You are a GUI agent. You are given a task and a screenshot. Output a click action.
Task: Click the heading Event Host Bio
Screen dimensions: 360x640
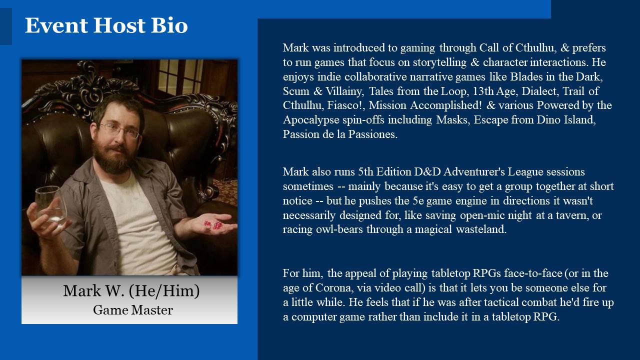[x=106, y=25]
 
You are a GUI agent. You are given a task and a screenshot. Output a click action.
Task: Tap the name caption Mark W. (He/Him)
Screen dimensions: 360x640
[x=131, y=290]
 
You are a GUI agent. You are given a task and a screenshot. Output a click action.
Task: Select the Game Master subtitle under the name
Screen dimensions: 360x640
[x=133, y=310]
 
